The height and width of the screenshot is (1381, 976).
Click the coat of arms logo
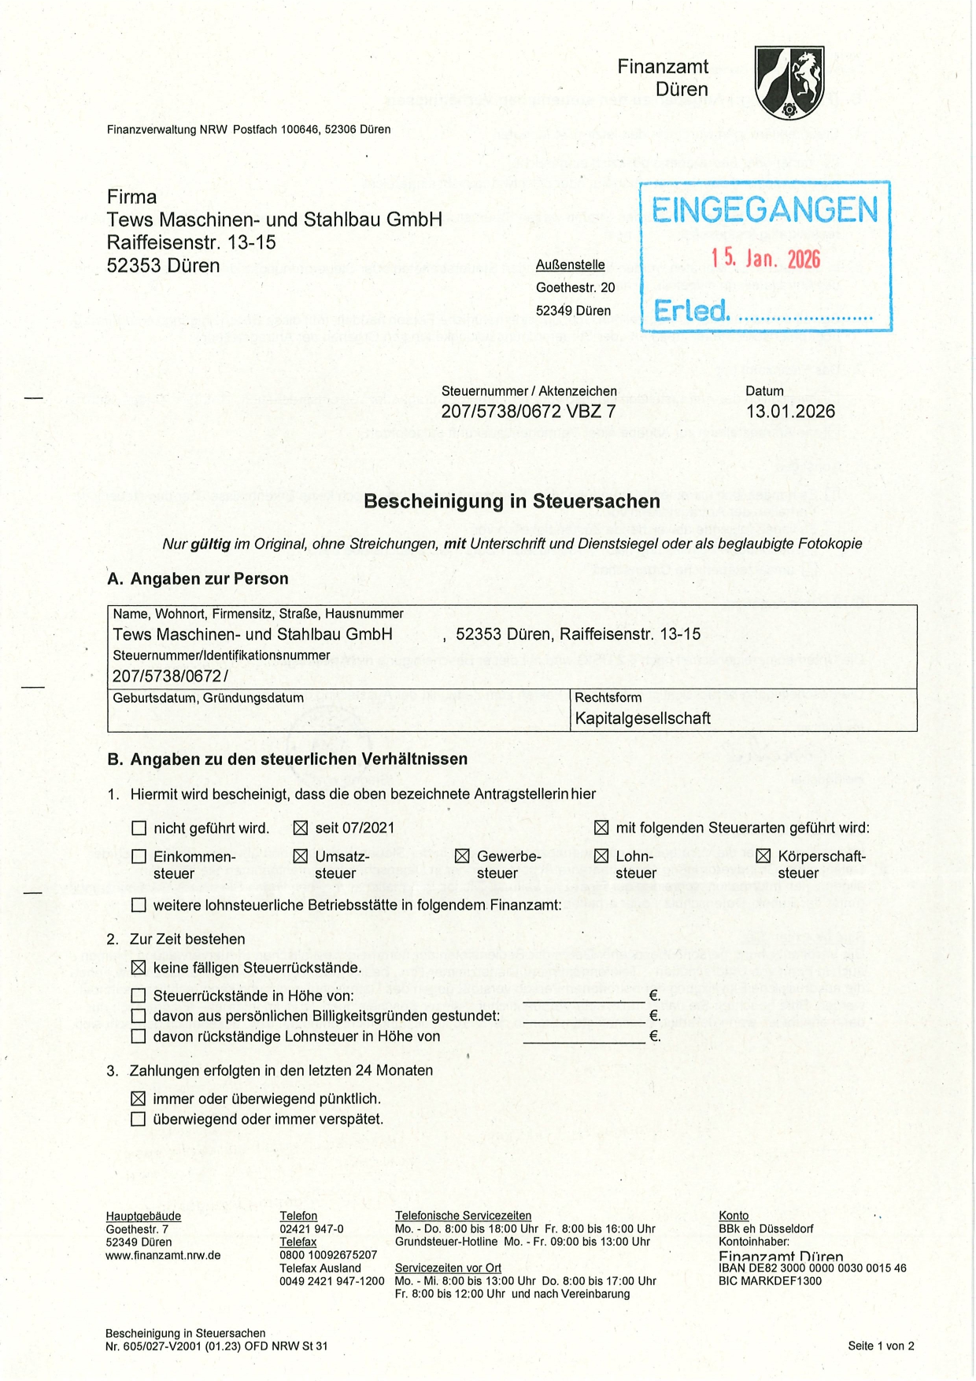[x=789, y=82]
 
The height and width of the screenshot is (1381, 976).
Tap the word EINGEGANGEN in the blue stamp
[x=764, y=210]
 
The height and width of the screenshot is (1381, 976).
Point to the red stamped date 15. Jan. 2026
[x=765, y=258]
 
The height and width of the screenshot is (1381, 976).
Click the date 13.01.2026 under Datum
[x=790, y=411]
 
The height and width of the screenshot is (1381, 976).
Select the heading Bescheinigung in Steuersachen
[x=512, y=501]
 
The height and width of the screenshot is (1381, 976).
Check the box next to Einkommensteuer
[x=139, y=856]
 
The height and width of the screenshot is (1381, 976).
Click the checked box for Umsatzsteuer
[x=300, y=856]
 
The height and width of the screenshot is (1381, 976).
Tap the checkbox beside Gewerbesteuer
[x=462, y=856]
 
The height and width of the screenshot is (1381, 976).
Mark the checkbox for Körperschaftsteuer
[x=763, y=856]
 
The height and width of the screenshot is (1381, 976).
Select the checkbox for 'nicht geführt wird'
[x=139, y=828]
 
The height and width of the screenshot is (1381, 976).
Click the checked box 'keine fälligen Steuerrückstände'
[x=139, y=968]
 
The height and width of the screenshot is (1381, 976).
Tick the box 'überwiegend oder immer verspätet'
[x=139, y=1119]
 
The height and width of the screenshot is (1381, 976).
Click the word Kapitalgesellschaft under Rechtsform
[x=642, y=718]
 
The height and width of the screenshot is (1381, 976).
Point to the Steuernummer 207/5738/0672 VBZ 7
[x=528, y=411]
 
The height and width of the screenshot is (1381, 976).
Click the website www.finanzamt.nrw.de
[x=163, y=1255]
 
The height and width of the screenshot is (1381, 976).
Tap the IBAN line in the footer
[x=812, y=1268]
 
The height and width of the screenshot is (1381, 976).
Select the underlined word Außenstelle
[x=570, y=265]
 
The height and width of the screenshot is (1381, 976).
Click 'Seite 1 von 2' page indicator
[x=881, y=1346]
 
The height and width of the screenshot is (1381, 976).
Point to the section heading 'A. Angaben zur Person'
[x=198, y=579]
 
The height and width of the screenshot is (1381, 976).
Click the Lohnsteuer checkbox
[x=601, y=856]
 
